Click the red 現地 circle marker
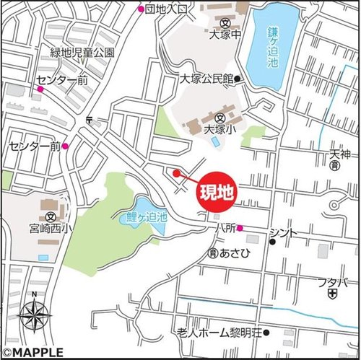(215, 192)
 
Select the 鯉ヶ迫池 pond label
(143, 216)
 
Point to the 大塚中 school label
(224, 32)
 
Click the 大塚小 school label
(220, 131)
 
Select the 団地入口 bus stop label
(166, 9)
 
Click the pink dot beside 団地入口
(142, 9)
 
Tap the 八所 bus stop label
(225, 228)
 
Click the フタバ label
(333, 282)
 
